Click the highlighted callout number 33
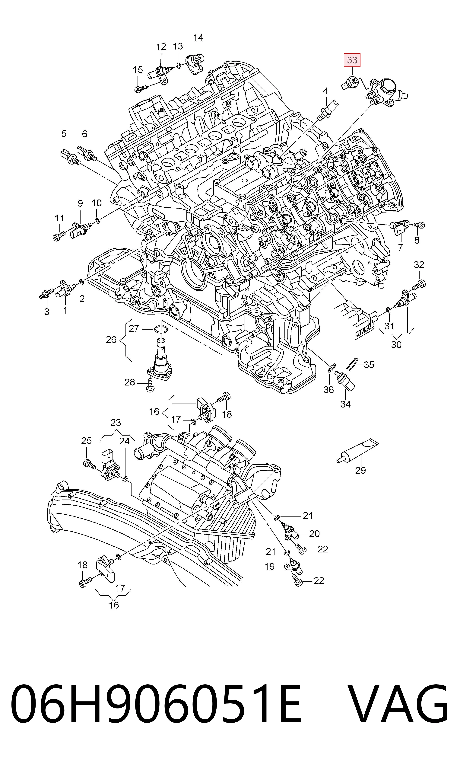click(352, 60)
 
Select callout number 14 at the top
click(198, 38)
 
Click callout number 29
click(360, 470)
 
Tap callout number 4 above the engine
click(325, 91)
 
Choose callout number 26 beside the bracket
click(111, 340)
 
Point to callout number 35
click(369, 365)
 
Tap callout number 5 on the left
click(64, 134)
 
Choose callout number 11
click(59, 218)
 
